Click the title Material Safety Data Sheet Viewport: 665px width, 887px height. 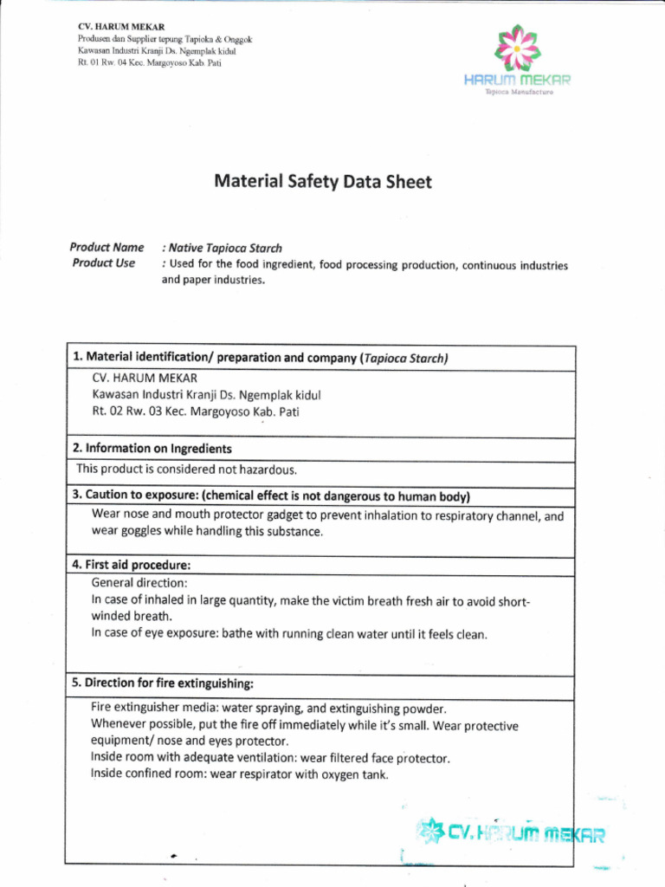tap(322, 182)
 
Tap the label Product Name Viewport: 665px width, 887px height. tap(107, 248)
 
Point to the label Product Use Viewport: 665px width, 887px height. tap(104, 263)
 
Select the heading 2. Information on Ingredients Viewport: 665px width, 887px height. tap(152, 449)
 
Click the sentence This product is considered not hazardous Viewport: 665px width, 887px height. tap(186, 469)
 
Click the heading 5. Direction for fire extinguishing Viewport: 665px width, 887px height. tap(163, 683)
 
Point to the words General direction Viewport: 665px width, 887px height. tap(139, 584)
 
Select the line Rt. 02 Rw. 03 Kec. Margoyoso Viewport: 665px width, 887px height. tap(196, 411)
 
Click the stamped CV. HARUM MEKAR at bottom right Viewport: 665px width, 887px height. tap(511, 835)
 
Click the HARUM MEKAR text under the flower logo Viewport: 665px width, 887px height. tap(517, 81)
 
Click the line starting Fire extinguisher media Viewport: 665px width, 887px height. tap(268, 708)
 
